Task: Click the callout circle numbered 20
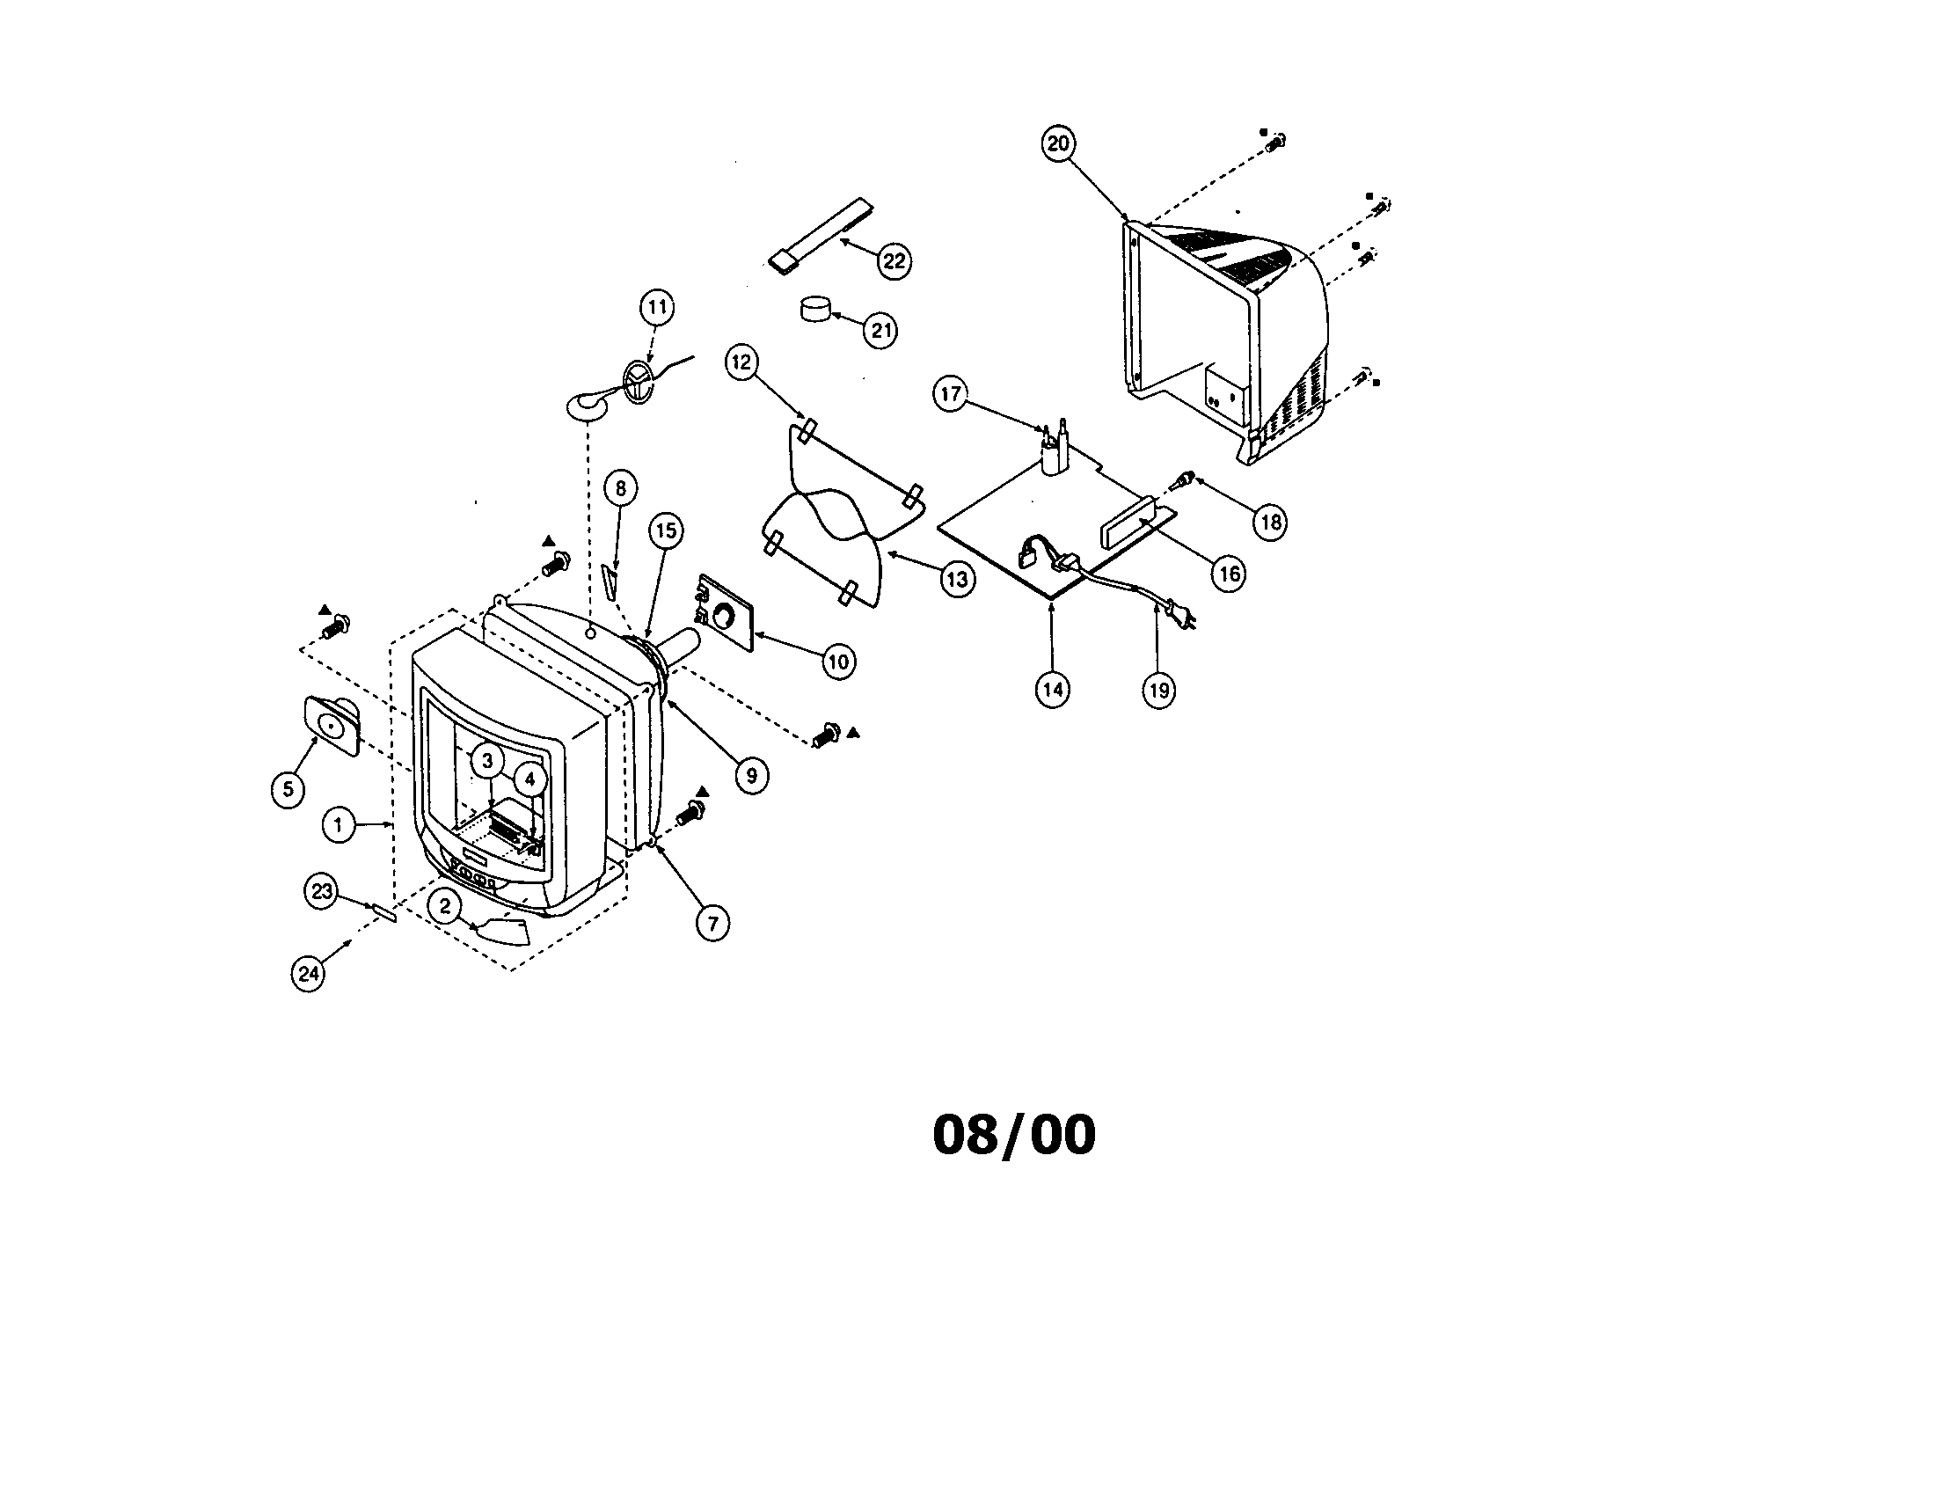click(1059, 143)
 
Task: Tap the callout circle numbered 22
click(894, 260)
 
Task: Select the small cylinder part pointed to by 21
click(817, 310)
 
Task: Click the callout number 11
click(656, 307)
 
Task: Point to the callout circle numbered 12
click(741, 362)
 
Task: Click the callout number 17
click(951, 393)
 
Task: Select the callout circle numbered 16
click(1230, 574)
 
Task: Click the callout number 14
click(1053, 690)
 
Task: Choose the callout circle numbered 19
click(1159, 690)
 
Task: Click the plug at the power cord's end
click(1183, 615)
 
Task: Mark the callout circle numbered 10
click(838, 661)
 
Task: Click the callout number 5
click(288, 788)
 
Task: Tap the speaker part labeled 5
click(333, 724)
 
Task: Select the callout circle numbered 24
click(309, 974)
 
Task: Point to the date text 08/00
click(1014, 1135)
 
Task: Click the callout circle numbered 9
click(751, 776)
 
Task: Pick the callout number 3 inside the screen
click(486, 760)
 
